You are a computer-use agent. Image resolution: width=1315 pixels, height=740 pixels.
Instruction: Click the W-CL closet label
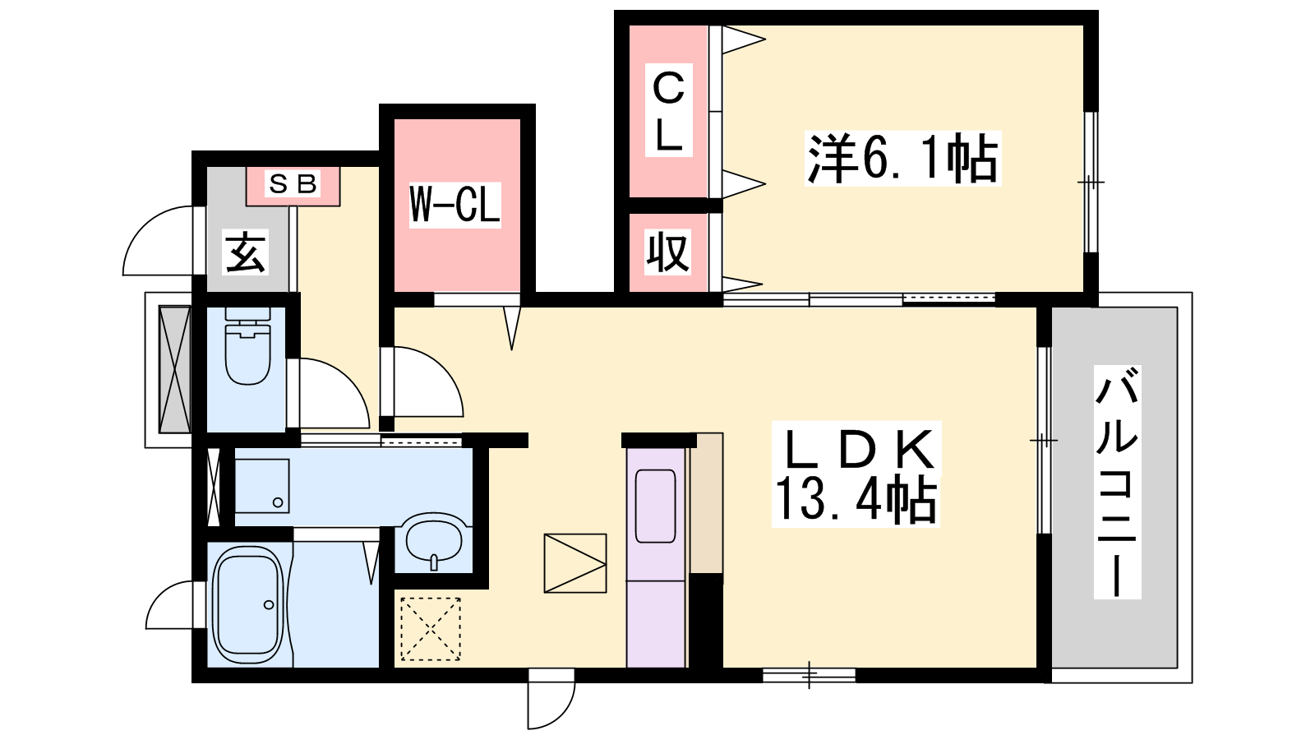click(455, 205)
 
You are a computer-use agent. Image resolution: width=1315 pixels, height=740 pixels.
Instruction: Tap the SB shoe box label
click(293, 184)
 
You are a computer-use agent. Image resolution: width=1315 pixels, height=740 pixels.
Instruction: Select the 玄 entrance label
click(246, 252)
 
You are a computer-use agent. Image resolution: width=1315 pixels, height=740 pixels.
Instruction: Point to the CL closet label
click(669, 110)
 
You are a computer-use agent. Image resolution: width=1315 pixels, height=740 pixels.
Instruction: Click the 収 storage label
click(667, 252)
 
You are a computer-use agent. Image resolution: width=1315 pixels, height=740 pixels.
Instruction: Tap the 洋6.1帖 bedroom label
click(902, 159)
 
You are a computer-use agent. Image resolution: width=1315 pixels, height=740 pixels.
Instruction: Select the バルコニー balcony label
click(1117, 482)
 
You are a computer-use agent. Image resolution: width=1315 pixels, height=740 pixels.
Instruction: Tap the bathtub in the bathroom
click(249, 605)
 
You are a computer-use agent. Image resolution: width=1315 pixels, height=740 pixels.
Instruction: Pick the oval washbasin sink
click(435, 538)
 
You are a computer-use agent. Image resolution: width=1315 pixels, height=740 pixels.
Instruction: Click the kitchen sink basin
click(656, 506)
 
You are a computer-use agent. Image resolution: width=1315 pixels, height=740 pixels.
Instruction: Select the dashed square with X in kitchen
click(431, 629)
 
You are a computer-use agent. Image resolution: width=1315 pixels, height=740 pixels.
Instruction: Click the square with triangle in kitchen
click(575, 563)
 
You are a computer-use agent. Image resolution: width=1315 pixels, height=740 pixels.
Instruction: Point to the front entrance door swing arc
click(141, 226)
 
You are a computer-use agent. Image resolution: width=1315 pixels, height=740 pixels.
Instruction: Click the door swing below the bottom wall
click(562, 715)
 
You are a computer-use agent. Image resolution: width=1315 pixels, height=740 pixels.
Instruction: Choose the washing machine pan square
click(262, 486)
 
